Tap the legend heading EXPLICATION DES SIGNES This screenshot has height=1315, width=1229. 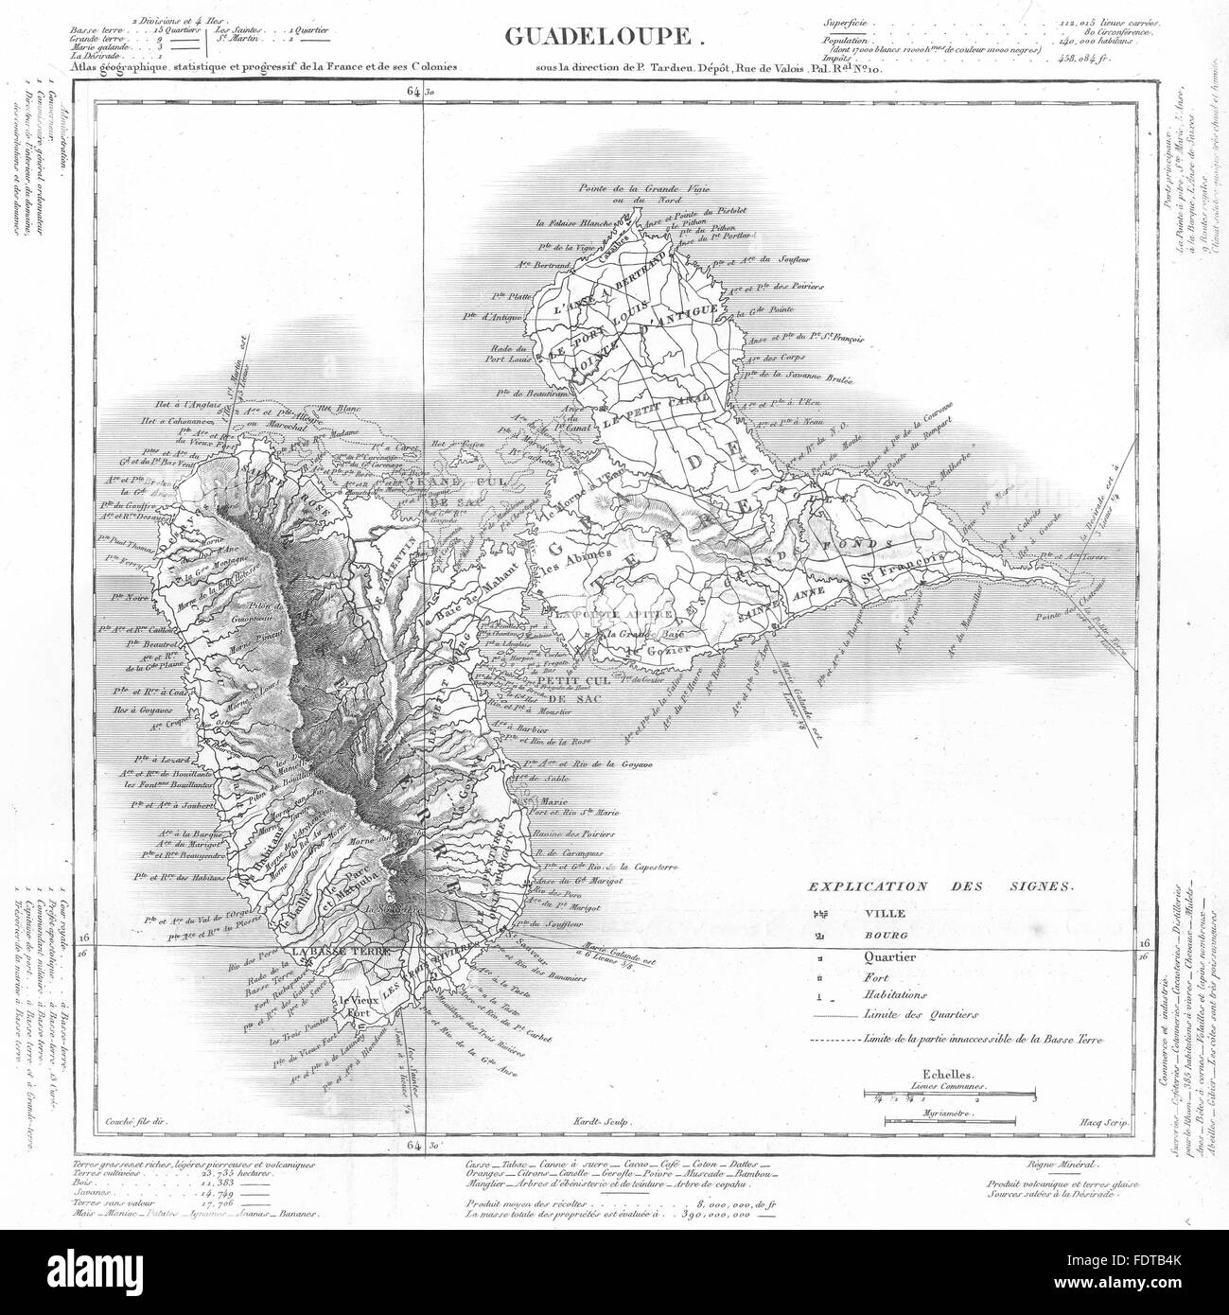939,887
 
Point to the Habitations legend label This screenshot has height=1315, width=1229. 896,995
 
